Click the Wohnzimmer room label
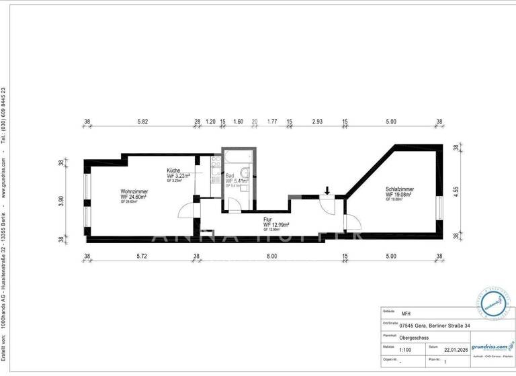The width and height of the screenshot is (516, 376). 134,192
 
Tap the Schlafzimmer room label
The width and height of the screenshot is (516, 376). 400,189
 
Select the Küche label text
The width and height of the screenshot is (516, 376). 174,171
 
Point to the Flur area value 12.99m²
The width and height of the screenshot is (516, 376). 275,224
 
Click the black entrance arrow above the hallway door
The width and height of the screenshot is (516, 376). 327,191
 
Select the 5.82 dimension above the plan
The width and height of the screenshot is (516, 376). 142,122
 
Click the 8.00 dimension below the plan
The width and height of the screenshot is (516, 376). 271,256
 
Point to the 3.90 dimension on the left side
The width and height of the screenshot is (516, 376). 60,200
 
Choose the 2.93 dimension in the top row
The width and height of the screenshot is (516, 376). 317,122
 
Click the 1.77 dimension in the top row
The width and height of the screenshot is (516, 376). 272,122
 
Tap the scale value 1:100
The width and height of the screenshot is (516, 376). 407,349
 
